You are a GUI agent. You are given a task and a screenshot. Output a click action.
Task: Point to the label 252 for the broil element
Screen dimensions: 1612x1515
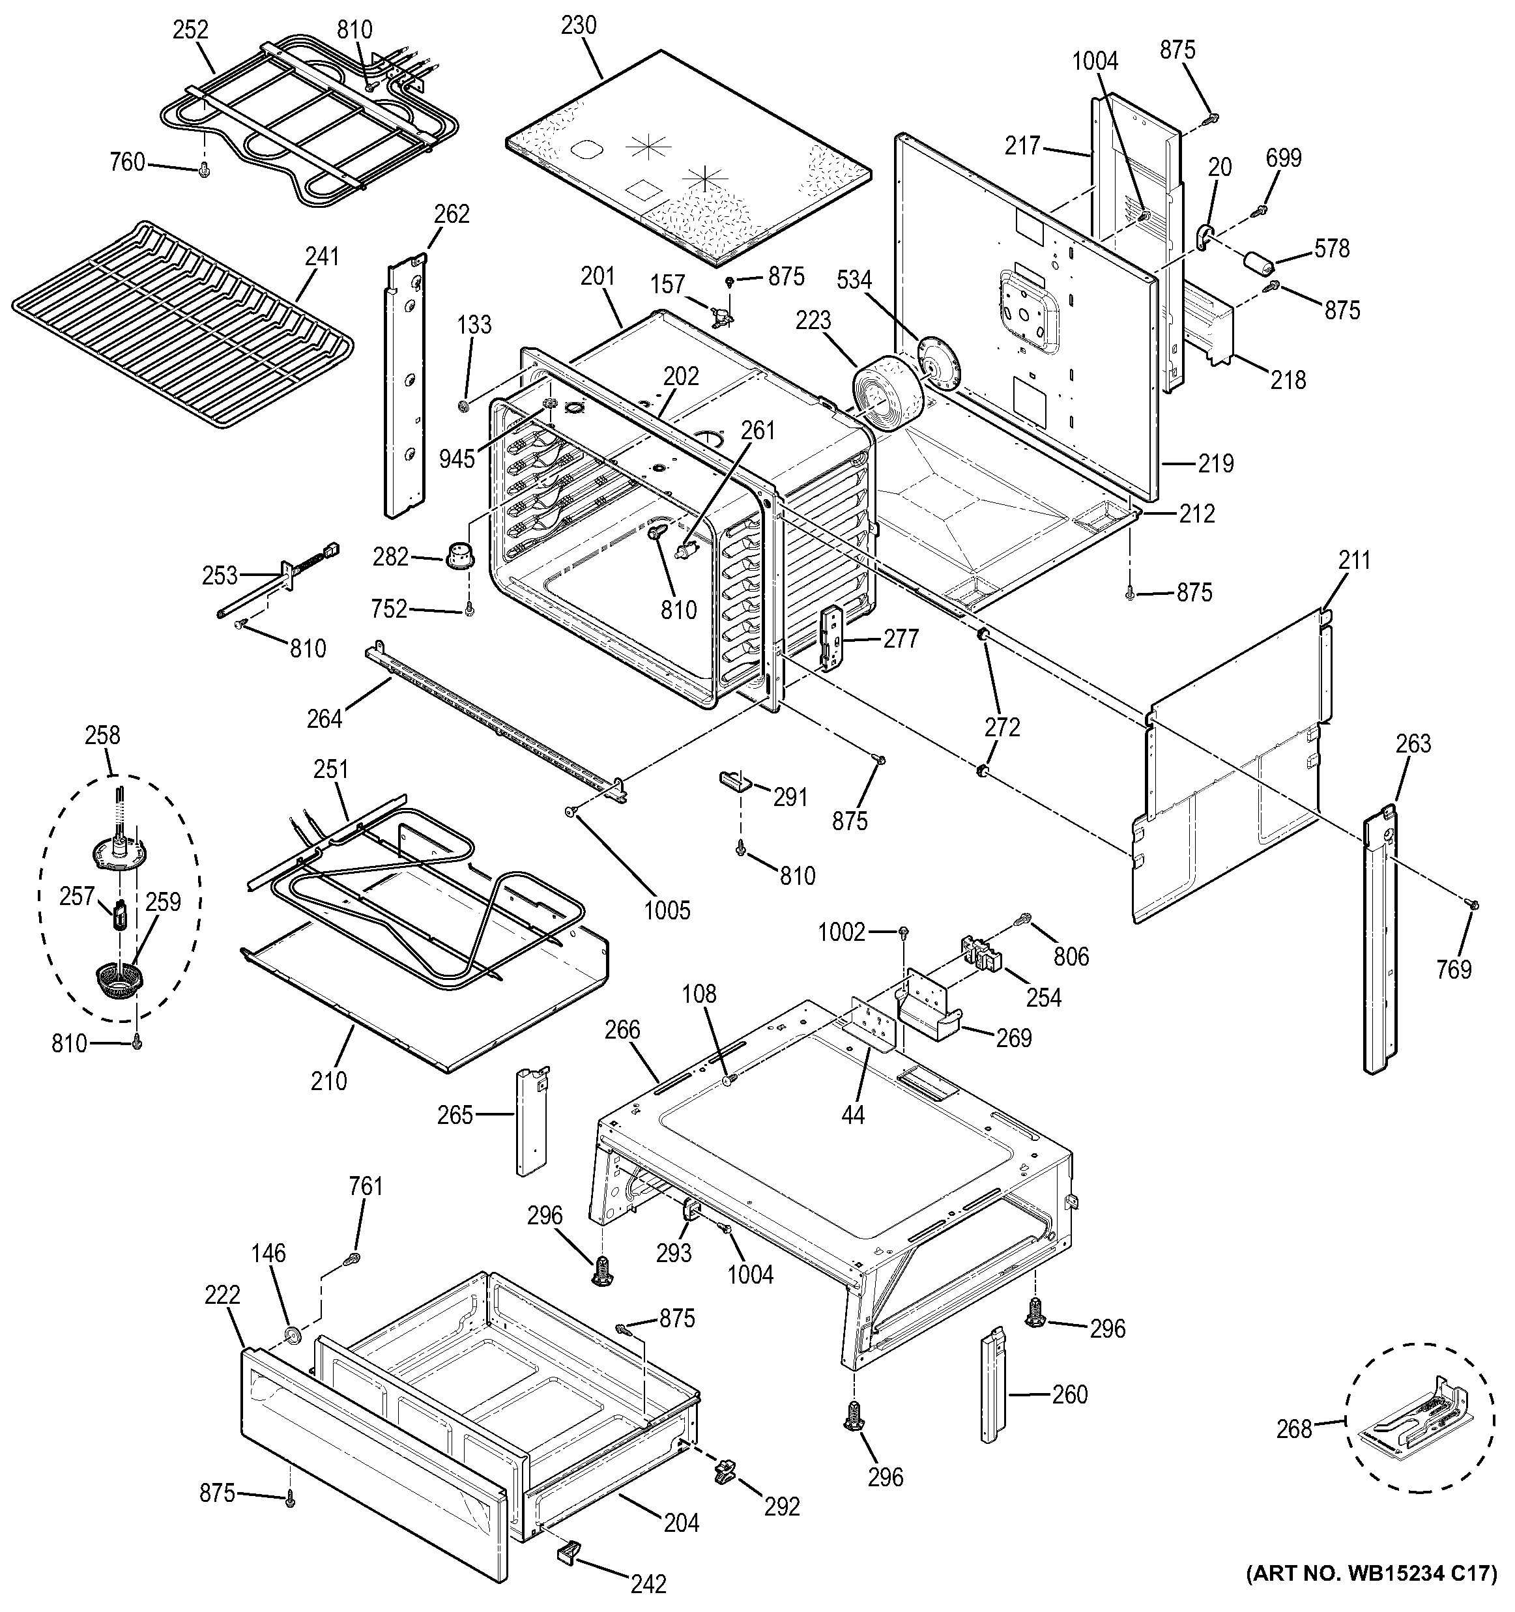(190, 30)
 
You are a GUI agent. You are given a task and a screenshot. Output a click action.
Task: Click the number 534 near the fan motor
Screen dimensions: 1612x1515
(854, 281)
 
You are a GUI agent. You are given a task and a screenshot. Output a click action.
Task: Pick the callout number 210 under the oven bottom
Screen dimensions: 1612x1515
(328, 1080)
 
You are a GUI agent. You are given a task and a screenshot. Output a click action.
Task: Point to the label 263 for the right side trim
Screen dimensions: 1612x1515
(1413, 743)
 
